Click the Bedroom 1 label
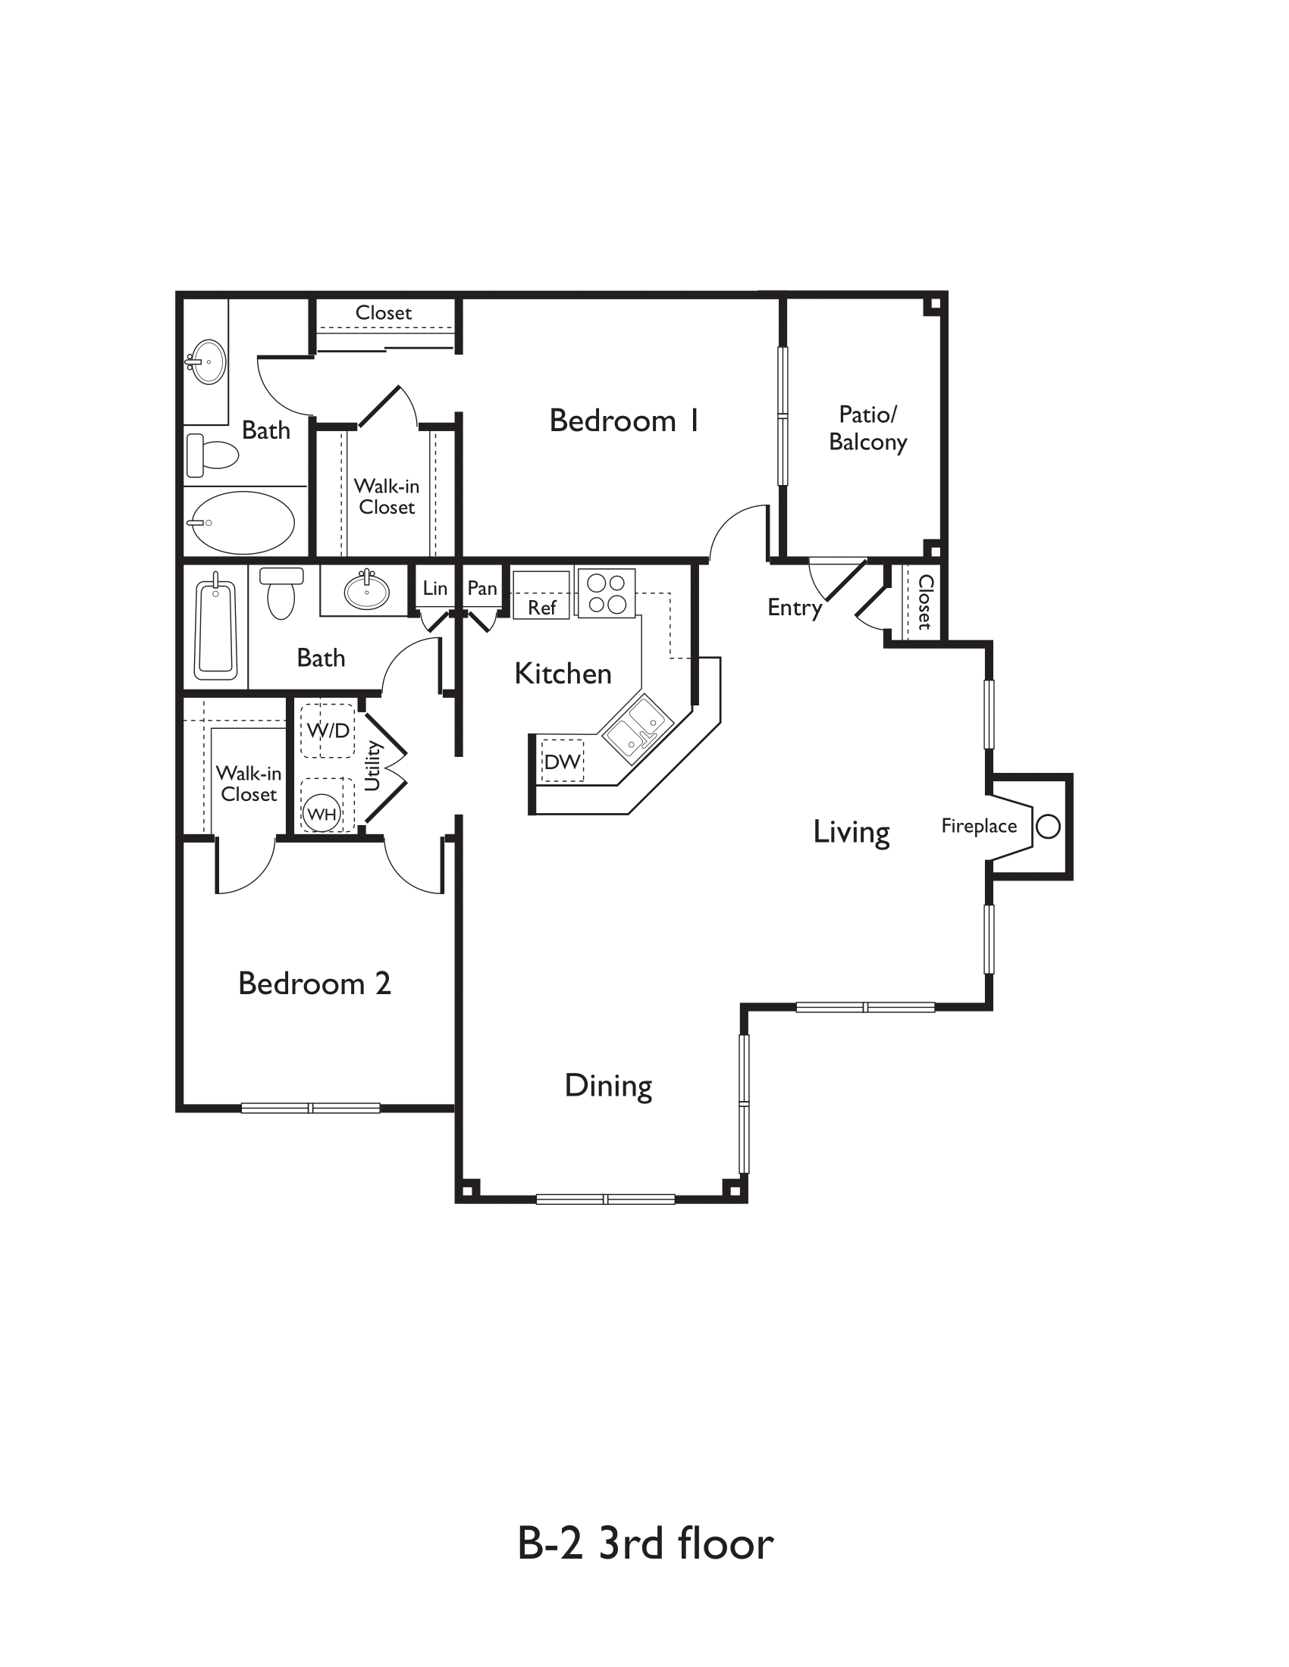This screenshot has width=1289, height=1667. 623,421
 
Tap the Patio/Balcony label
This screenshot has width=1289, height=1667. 867,428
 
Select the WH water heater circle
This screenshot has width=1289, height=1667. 321,814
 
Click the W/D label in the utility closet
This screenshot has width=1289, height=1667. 328,730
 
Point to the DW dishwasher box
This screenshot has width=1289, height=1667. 562,761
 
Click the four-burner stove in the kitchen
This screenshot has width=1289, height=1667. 607,593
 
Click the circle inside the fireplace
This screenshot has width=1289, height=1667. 1048,826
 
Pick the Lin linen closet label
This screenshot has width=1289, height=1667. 434,588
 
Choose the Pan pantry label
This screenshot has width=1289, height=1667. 481,588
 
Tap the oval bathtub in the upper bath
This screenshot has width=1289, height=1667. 242,523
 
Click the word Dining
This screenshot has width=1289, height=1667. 608,1085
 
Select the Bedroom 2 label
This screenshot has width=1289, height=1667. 314,983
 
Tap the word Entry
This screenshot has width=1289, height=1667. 794,608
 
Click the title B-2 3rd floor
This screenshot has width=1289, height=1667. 645,1543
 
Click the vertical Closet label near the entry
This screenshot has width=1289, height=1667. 925,602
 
